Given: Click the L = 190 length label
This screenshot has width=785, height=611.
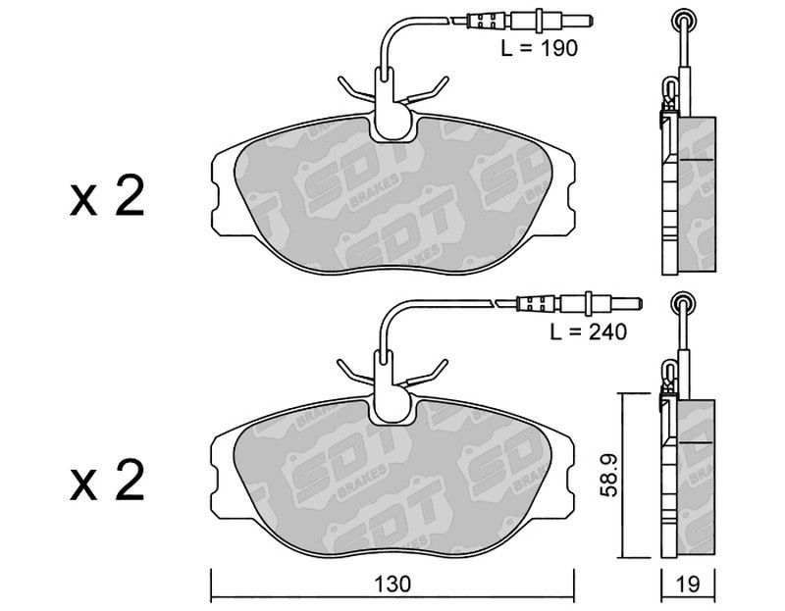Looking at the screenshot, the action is click(x=539, y=48).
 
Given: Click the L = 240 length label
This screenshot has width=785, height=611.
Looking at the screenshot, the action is click(x=588, y=331).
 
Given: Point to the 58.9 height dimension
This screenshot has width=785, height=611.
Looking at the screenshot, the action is click(x=608, y=475).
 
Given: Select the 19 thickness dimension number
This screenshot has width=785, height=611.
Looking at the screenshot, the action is click(x=689, y=584).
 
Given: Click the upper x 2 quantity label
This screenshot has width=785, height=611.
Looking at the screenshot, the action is click(x=107, y=196).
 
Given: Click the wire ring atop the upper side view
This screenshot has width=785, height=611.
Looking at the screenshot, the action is click(x=683, y=20).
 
